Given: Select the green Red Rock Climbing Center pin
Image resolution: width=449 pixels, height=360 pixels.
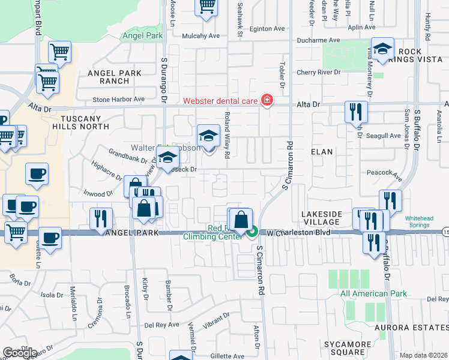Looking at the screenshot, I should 253,230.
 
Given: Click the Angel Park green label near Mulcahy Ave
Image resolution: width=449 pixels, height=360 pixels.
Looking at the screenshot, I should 142,36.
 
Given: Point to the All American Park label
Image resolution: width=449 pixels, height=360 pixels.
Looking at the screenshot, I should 373,294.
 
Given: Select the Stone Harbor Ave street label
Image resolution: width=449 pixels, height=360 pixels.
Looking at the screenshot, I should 119,99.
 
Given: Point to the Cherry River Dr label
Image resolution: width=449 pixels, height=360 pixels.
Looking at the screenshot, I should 321,73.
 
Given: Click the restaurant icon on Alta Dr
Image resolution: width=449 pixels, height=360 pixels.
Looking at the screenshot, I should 355,111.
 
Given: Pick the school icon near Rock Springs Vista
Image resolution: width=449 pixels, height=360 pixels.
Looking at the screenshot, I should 382,50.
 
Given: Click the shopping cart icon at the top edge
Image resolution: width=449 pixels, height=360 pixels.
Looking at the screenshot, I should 206,7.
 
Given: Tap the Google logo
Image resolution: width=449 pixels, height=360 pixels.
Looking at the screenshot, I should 20,353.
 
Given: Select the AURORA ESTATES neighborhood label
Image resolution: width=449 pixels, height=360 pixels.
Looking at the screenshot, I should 411,328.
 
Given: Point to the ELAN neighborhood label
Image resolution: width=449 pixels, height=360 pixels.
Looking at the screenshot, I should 322,152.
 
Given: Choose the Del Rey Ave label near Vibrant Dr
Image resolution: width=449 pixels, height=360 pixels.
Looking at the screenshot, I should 161,325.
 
